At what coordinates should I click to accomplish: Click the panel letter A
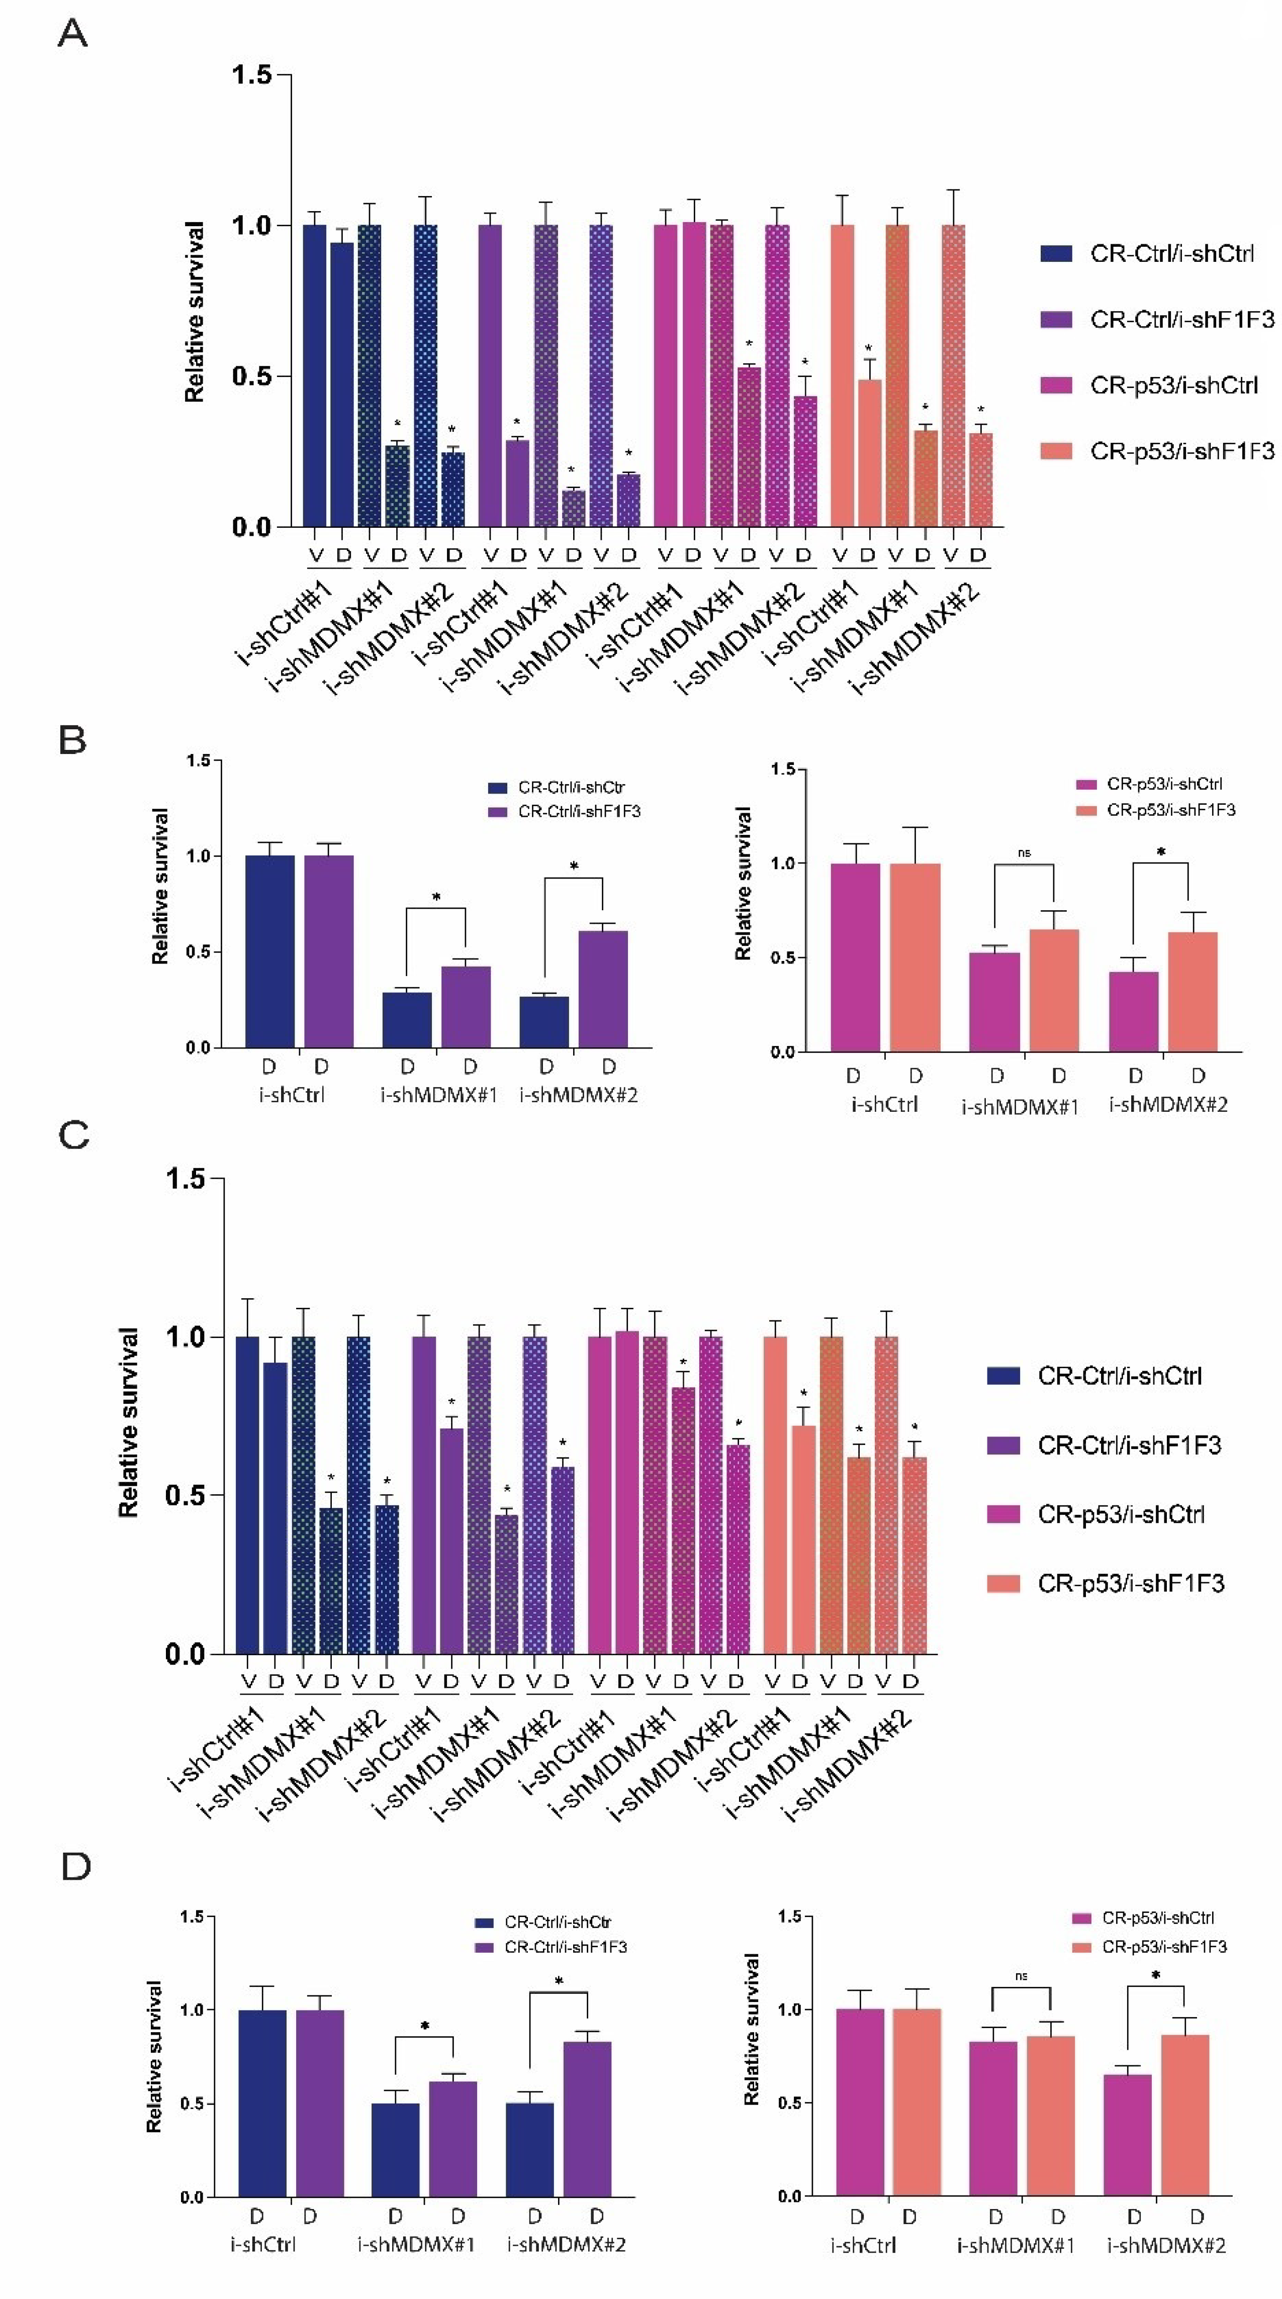click(72, 34)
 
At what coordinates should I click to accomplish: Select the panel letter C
click(73, 1135)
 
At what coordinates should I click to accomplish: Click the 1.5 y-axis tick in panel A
click(252, 75)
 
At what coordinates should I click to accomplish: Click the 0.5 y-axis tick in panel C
click(185, 1495)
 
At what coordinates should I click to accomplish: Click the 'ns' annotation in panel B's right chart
click(1024, 852)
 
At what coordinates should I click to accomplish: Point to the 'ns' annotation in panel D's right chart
click(1021, 1976)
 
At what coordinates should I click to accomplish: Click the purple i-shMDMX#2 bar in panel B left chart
click(603, 989)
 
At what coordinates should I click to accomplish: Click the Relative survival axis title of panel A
click(195, 312)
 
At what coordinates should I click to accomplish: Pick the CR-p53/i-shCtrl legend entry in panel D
click(1157, 1917)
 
